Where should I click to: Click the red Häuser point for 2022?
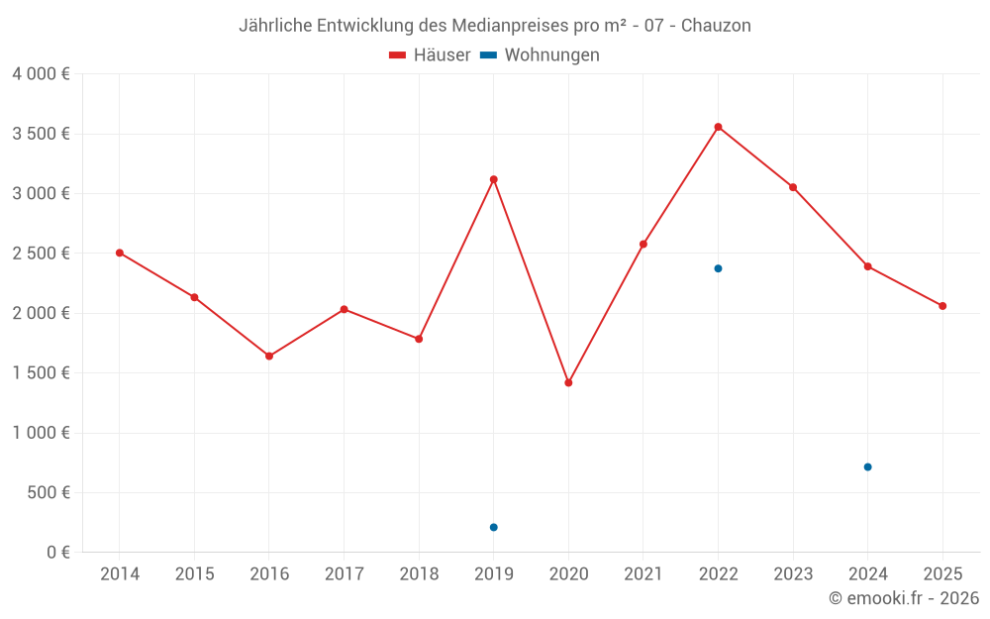(x=718, y=127)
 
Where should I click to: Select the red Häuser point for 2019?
(x=493, y=179)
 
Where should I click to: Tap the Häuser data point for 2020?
(x=568, y=382)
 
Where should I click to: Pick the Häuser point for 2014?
(x=120, y=253)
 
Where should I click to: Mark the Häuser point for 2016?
(x=269, y=356)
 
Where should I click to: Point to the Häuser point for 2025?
(x=942, y=306)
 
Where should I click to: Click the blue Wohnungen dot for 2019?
(x=493, y=527)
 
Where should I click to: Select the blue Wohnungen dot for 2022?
(x=718, y=268)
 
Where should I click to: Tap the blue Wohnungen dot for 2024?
(x=867, y=466)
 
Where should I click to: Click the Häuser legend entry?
(x=430, y=55)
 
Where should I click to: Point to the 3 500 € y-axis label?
(x=41, y=134)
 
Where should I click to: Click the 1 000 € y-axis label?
(x=41, y=433)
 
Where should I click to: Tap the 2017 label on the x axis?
(x=344, y=573)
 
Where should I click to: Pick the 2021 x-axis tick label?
(x=643, y=573)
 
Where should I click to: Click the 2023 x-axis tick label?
(x=793, y=573)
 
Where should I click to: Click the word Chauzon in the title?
(x=716, y=26)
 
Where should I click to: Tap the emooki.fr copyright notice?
(x=903, y=598)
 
